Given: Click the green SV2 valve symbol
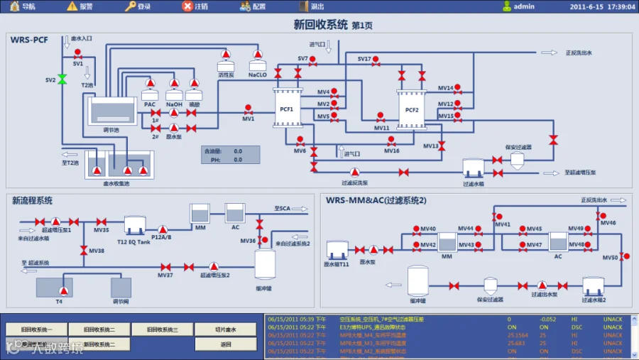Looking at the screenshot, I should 62,80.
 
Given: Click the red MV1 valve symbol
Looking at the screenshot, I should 248,110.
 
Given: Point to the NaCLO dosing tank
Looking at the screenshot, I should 257,65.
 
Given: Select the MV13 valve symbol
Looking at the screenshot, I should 442,146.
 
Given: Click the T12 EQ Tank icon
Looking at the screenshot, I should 134,225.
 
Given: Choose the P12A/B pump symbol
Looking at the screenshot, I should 163,229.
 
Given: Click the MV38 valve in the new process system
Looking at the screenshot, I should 83,250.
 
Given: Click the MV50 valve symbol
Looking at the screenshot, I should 623,256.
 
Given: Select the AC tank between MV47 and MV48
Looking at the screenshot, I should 558,242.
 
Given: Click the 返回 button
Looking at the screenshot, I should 226,344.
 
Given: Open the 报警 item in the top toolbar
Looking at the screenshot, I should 80,6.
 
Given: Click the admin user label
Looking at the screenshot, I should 524,6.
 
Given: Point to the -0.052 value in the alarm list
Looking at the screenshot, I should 547,320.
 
